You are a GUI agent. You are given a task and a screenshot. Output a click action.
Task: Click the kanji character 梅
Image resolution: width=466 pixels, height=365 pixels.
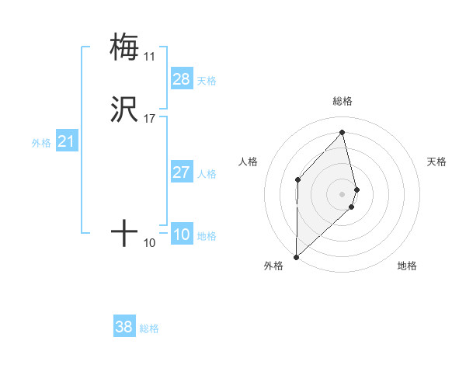pos(124,47)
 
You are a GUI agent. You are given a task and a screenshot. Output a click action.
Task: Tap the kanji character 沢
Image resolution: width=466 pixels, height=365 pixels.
pos(124,109)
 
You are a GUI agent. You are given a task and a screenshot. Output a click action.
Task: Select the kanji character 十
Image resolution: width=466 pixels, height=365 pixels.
pos(124,233)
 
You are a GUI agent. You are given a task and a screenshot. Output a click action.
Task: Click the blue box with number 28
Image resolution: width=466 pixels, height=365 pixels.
pos(182,79)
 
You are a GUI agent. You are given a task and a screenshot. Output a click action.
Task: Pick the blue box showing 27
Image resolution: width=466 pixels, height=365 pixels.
pos(182,172)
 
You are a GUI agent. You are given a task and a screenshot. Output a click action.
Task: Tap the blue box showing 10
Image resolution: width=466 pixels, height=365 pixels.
pos(182,235)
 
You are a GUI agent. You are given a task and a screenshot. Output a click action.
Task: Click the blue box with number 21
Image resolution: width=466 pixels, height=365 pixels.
pos(67,141)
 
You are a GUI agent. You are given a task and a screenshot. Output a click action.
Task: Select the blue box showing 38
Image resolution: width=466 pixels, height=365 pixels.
pos(124,327)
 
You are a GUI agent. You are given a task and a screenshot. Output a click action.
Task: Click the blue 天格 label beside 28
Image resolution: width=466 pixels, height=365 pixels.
pos(207,81)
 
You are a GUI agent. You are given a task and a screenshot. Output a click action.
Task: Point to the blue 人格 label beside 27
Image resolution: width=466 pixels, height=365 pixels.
pos(207,174)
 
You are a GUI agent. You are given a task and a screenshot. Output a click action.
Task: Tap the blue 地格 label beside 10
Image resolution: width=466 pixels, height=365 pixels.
pos(207,236)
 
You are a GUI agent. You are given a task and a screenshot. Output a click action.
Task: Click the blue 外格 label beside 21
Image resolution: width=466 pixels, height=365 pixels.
pos(41,143)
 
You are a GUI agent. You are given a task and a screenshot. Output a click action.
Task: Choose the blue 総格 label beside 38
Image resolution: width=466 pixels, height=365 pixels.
pos(149,328)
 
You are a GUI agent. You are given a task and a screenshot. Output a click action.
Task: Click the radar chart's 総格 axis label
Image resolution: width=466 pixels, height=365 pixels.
pos(343,101)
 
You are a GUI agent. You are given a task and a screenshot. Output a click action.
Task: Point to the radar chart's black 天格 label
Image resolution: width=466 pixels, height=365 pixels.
pos(437,162)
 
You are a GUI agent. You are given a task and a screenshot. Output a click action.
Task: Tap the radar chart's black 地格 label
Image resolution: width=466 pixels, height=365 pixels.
pos(407,266)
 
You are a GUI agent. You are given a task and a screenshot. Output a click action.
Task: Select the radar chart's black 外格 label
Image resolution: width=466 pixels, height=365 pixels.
pos(273,266)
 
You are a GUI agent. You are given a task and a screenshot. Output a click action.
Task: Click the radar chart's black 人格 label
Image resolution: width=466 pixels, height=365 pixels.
pos(249,162)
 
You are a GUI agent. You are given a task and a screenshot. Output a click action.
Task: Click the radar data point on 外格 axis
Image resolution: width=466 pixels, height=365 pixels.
pos(296,256)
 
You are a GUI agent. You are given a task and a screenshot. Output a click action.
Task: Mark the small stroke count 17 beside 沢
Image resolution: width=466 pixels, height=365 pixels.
pos(150,119)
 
